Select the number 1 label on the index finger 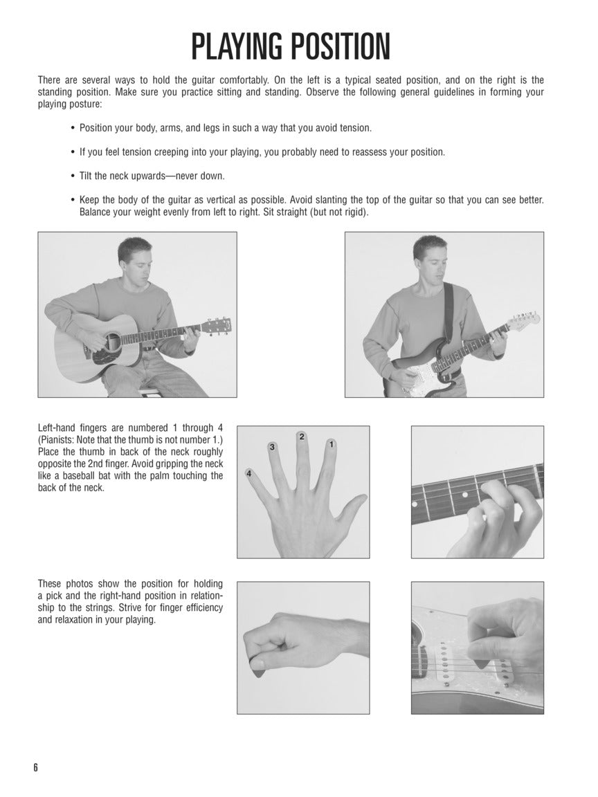[332, 444]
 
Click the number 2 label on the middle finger [302, 436]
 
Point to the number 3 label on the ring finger [273, 448]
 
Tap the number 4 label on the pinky [248, 473]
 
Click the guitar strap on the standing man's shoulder [448, 311]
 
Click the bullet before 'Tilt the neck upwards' [73, 176]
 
